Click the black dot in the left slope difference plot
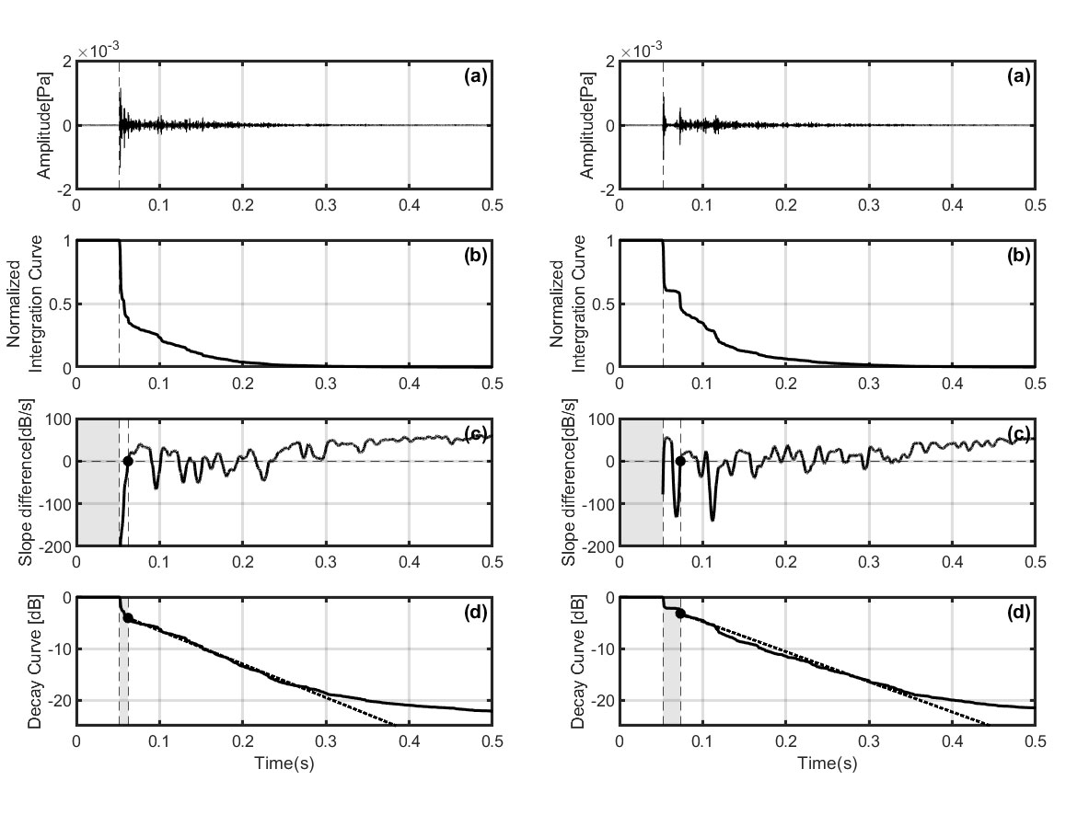click(128, 461)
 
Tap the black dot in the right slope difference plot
click(680, 461)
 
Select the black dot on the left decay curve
click(128, 618)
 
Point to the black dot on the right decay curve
click(680, 613)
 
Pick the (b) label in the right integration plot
click(1017, 256)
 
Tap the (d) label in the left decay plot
click(474, 614)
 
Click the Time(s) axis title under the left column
click(284, 763)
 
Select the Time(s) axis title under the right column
click(827, 763)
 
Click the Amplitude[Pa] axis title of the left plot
click(44, 124)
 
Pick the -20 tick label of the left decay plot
click(58, 701)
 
